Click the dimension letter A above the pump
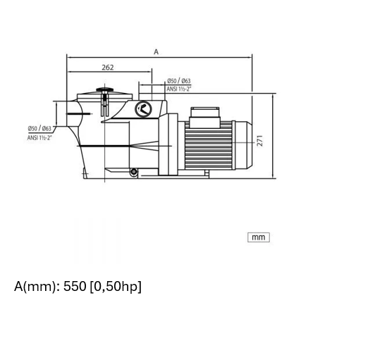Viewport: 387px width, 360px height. (156, 52)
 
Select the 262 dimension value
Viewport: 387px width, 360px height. (108, 68)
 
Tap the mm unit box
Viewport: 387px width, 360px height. (259, 237)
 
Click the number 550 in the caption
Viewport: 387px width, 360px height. (75, 286)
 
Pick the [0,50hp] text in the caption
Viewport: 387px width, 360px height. (116, 287)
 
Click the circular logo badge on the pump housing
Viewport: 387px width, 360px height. (143, 109)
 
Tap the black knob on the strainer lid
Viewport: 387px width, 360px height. (104, 89)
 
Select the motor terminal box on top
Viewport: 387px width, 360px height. (204, 118)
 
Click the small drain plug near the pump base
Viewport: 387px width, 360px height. (133, 171)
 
